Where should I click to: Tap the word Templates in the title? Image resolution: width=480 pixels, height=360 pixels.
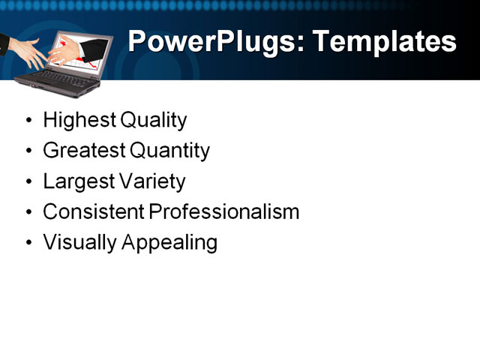pyautogui.click(x=383, y=42)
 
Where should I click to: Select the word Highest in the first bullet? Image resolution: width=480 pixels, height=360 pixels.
pyautogui.click(x=79, y=120)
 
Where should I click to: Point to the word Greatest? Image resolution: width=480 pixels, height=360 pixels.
pyautogui.click(x=84, y=151)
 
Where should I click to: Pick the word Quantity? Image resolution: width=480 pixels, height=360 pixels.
pyautogui.click(x=169, y=151)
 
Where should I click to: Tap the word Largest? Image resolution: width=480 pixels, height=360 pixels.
pyautogui.click(x=78, y=181)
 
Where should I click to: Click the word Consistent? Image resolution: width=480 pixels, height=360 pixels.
pyautogui.click(x=93, y=212)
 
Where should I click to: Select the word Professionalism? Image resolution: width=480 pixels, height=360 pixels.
pyautogui.click(x=224, y=212)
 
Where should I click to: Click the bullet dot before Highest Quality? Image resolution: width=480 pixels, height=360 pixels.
pyautogui.click(x=28, y=121)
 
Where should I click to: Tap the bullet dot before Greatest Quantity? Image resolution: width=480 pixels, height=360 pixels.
pyautogui.click(x=28, y=151)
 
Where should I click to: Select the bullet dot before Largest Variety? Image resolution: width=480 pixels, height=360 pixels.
pyautogui.click(x=28, y=182)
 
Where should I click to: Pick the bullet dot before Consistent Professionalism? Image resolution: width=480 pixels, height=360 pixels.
pyautogui.click(x=28, y=213)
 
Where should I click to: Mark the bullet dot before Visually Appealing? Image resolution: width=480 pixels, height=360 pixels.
pyautogui.click(x=28, y=244)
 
